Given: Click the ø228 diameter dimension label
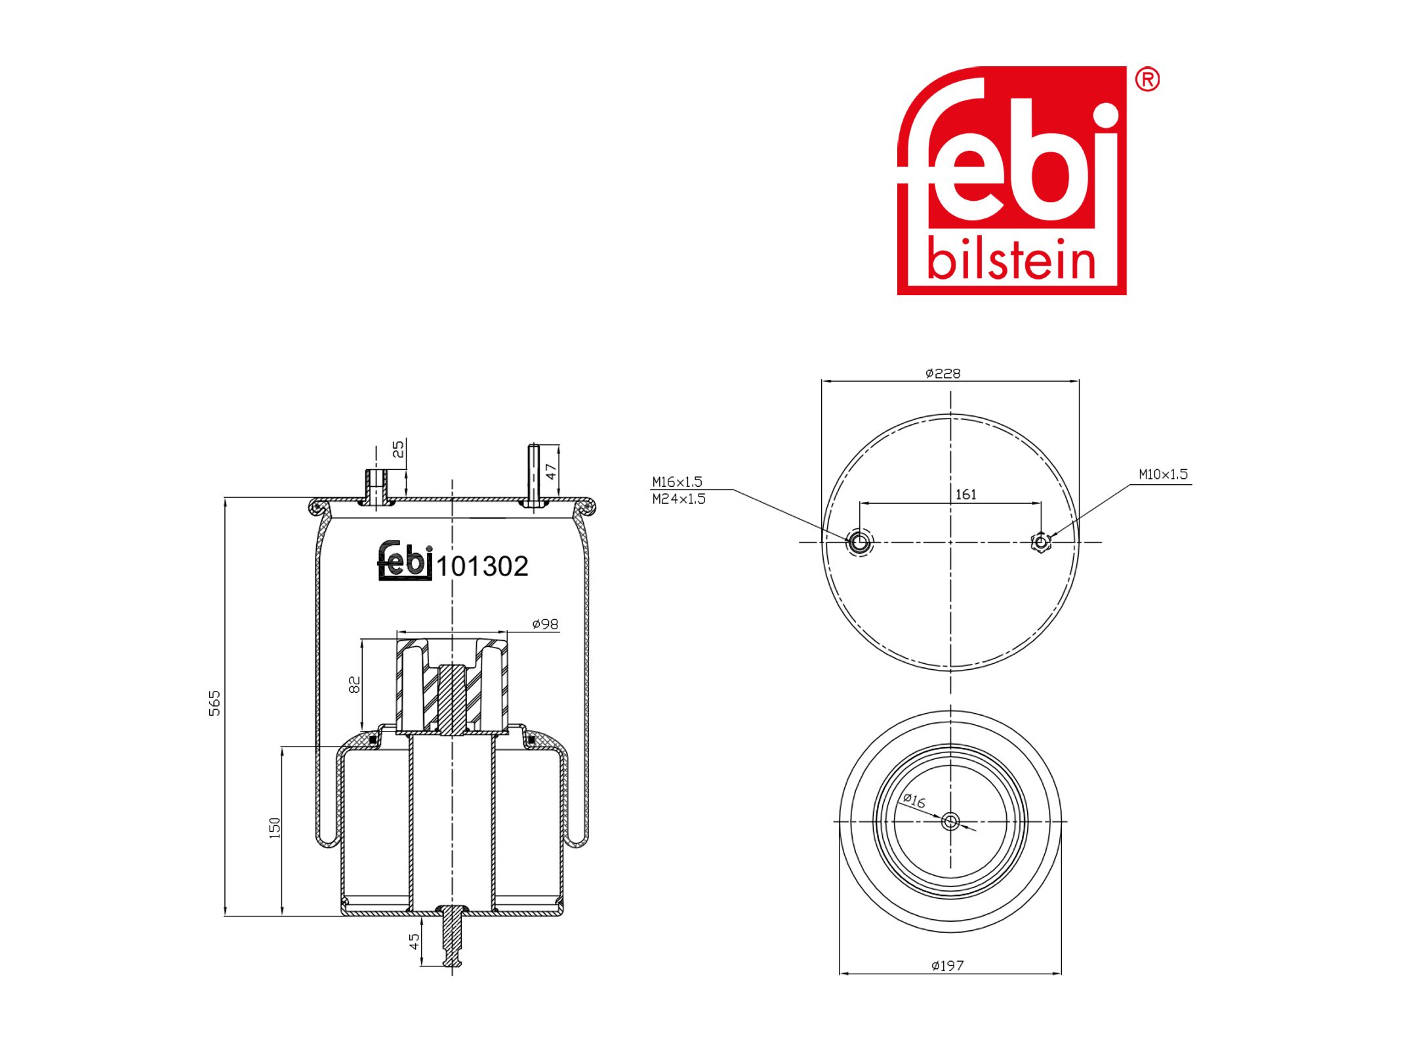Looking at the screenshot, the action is [x=943, y=373].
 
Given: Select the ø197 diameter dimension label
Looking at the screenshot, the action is [x=947, y=966].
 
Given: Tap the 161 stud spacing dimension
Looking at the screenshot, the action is [x=965, y=494].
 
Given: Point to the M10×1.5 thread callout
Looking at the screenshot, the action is [x=1163, y=474].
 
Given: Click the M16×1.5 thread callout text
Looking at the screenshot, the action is [x=677, y=482].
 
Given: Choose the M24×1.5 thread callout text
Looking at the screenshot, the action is [x=679, y=499].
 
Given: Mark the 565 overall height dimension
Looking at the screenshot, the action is [x=214, y=703].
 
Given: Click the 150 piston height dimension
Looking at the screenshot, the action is [x=275, y=827].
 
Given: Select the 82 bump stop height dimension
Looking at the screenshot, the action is [x=354, y=684].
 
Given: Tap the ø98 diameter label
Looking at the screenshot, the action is [x=545, y=624].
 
